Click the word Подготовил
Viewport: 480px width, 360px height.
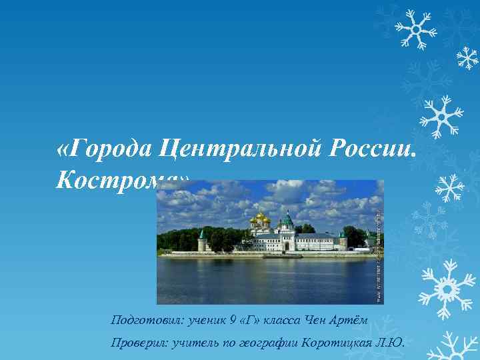144,321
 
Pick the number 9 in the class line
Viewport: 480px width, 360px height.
233,321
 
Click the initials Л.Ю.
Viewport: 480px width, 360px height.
391,343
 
